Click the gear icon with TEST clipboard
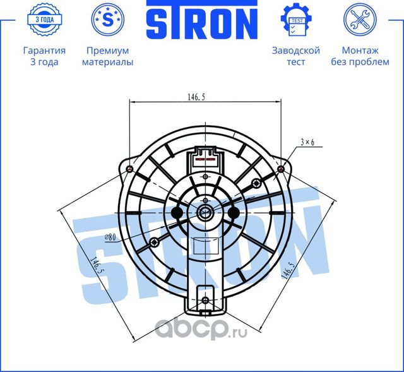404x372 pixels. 295,20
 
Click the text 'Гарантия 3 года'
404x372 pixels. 44,56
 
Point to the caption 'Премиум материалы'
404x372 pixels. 107,56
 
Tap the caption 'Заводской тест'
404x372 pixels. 295,56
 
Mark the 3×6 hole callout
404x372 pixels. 307,143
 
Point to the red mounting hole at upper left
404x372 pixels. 129,169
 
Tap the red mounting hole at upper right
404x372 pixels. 282,169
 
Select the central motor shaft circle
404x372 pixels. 206,213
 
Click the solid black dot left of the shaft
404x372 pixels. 177,213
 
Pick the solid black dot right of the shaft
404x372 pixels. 234,213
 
